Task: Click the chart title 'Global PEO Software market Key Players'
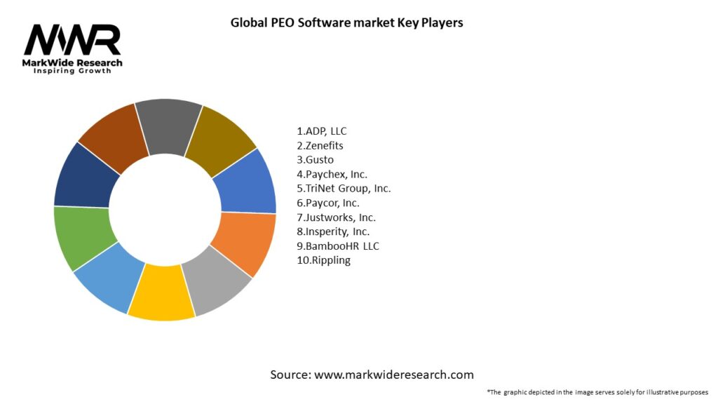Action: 347,22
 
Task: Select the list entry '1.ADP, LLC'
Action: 322,131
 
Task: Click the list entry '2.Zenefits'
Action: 320,145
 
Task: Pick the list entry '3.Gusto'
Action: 315,160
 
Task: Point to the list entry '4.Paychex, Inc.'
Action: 332,174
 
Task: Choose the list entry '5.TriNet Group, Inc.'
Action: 344,189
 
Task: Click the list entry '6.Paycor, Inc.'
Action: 328,203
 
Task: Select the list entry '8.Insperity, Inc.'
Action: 333,231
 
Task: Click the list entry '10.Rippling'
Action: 323,260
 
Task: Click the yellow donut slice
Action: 161,294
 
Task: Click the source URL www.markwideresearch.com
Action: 393,375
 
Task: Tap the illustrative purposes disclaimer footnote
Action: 597,391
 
